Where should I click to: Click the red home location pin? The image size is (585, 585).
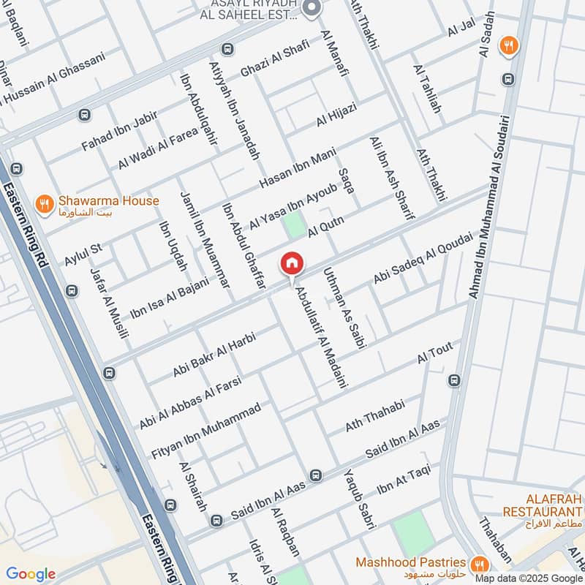pyautogui.click(x=291, y=263)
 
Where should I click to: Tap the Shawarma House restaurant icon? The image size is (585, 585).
pyautogui.click(x=45, y=201)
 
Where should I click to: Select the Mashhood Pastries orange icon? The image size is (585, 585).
pyautogui.click(x=480, y=563)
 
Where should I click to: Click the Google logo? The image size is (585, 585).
pyautogui.click(x=31, y=574)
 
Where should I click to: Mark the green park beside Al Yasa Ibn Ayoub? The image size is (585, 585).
pyautogui.click(x=295, y=224)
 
